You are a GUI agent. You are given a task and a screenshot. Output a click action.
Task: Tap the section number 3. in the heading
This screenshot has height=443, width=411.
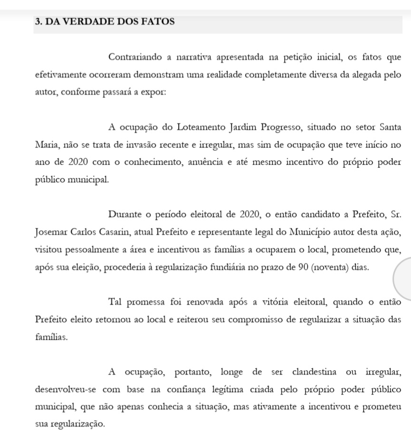tap(39, 21)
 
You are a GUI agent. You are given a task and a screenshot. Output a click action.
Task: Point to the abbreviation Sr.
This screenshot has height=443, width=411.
tap(396, 215)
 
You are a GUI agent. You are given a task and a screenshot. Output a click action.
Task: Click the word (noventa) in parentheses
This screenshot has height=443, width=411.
tap(331, 267)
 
